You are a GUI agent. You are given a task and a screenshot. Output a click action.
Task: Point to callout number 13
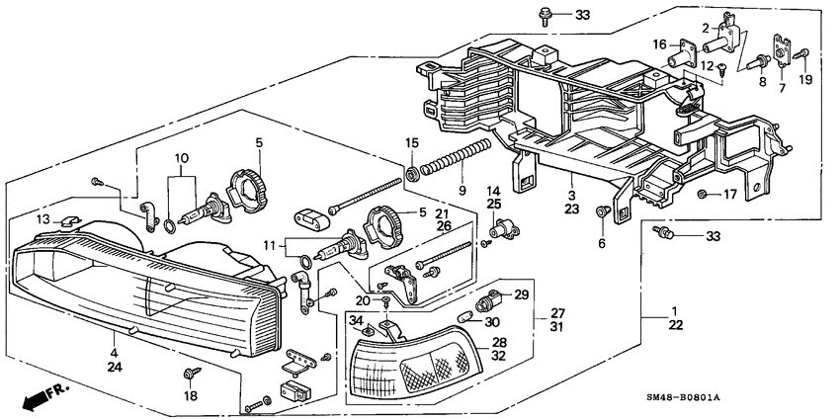[42, 217]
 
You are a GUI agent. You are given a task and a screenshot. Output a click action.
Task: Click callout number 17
[730, 194]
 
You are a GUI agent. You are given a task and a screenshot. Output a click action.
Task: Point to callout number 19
[805, 80]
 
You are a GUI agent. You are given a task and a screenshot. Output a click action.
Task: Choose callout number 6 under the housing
[600, 242]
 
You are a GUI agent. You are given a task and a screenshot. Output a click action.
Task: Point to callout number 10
[181, 157]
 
